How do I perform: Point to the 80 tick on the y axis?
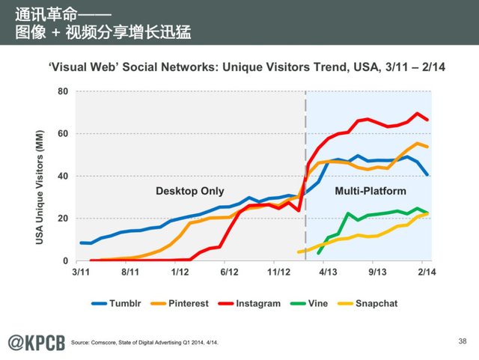point(63,92)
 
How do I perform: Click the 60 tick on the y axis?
point(63,134)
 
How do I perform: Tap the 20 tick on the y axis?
point(63,219)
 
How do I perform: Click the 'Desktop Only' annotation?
point(189,191)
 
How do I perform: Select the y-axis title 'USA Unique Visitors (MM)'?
point(40,176)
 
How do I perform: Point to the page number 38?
point(461,341)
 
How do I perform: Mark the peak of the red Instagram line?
point(416,113)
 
